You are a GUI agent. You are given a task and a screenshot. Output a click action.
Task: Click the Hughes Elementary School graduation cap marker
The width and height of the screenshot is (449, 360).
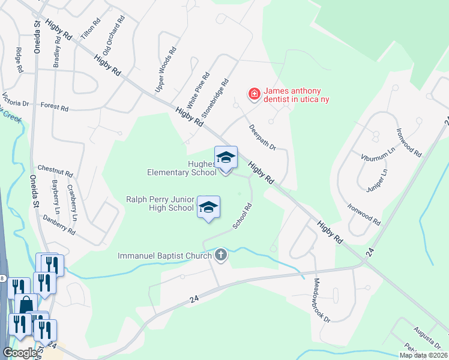[226, 158]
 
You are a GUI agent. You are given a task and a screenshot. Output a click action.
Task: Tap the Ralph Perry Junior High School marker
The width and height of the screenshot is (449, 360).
[208, 208]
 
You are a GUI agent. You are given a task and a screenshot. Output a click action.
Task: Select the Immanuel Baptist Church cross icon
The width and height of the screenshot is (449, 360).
[221, 255]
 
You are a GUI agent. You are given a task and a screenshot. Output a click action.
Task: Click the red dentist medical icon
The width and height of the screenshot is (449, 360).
[254, 94]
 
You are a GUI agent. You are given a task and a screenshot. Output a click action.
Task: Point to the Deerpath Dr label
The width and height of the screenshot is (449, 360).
[262, 137]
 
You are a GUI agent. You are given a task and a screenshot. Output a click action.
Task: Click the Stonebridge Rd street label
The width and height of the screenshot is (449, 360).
[215, 97]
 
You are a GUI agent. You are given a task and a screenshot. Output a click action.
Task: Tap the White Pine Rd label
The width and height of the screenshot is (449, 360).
[197, 91]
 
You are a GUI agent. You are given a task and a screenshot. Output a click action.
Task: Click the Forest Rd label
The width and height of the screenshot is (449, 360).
[55, 106]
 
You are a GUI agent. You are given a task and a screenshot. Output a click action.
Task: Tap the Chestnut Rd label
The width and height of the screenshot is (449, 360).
[55, 170]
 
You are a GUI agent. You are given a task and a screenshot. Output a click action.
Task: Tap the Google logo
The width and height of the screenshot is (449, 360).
[19, 352]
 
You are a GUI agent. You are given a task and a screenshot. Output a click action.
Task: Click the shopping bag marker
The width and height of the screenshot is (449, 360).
[26, 304]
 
